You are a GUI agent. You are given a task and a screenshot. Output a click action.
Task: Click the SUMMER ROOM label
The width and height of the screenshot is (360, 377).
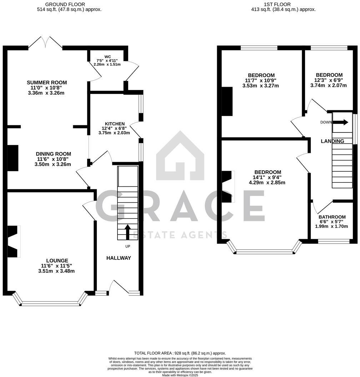coord(47,82)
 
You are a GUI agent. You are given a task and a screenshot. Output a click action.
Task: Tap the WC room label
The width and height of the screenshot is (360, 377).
coord(107,56)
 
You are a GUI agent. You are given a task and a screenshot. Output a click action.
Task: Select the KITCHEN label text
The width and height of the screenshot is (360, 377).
coord(114,124)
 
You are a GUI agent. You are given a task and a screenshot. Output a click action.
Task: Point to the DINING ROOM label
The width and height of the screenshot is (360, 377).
coord(53,154)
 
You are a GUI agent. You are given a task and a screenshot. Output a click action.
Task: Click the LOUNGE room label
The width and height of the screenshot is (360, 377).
coord(57,261)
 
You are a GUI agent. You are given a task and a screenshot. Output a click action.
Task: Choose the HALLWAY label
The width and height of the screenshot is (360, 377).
coord(119,258)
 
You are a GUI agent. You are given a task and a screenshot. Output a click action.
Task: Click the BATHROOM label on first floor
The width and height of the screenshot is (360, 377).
coord(332,217)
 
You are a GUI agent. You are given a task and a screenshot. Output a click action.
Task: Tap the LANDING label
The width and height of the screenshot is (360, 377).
coord(332,141)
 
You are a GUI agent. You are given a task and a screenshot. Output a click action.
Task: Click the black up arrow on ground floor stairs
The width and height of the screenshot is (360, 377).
coord(127,232)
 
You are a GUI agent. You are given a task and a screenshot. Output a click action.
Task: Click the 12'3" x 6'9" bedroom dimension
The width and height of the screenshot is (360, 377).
coord(329,80)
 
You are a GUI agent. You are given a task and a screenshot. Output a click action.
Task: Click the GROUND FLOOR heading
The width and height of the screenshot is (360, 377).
coord(65,4)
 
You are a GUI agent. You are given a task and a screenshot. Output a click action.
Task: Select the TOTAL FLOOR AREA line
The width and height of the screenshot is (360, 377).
coord(180,353)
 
